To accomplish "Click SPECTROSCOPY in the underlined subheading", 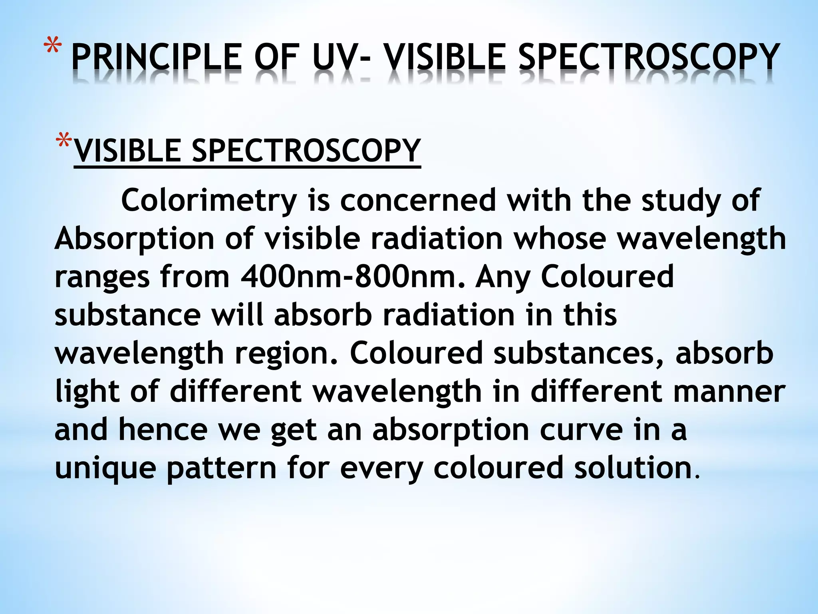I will pos(306,151).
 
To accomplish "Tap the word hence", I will pos(163,430).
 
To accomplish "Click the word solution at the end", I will pos(633,468).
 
